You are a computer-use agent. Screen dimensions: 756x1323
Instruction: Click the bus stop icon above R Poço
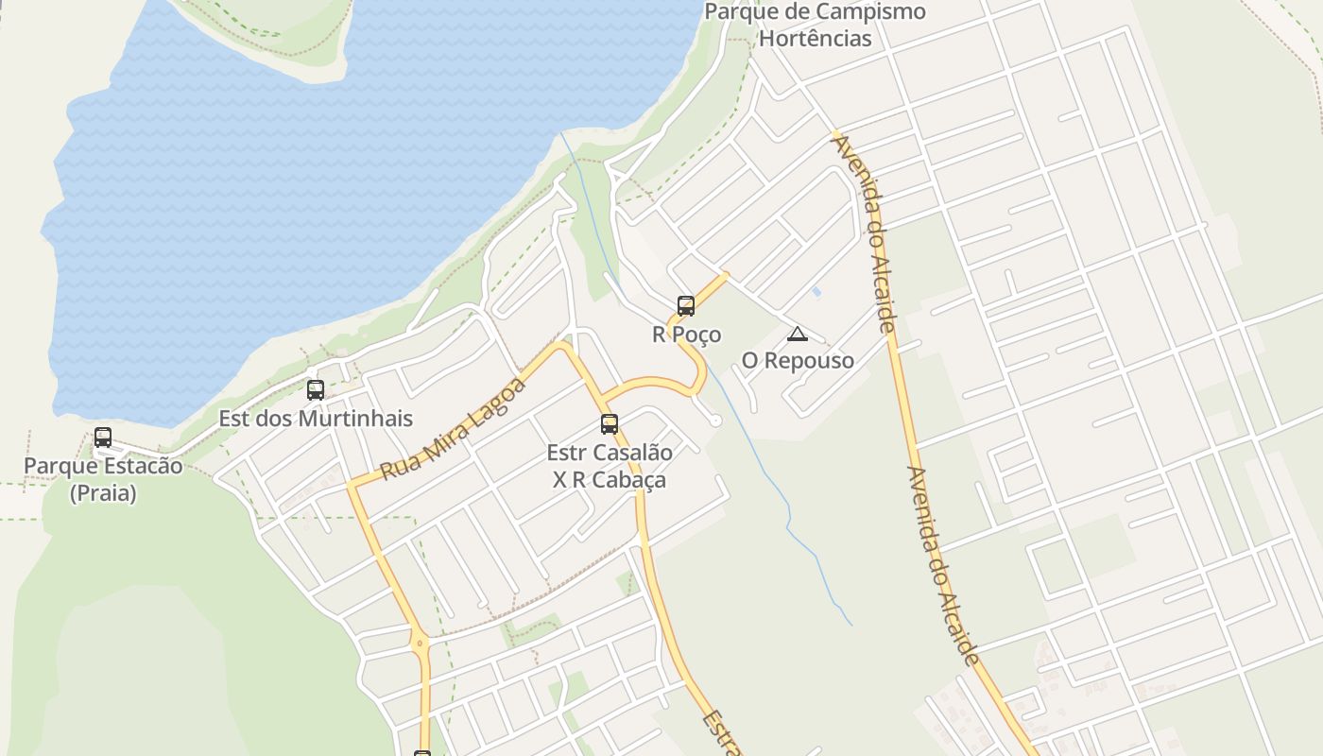click(x=686, y=305)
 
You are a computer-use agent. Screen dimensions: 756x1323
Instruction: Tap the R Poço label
click(x=686, y=335)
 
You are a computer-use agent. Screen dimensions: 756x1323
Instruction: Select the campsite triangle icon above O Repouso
click(x=798, y=334)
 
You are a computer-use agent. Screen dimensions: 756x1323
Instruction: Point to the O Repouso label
click(x=798, y=360)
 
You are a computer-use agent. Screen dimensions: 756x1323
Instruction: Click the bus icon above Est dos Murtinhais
click(x=316, y=389)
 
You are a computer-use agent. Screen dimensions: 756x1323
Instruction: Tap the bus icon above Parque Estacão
click(x=103, y=438)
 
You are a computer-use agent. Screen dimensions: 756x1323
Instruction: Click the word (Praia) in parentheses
click(x=103, y=493)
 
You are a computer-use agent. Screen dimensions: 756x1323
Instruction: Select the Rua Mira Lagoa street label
click(x=453, y=428)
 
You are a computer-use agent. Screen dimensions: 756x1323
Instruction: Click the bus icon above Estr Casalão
click(x=610, y=424)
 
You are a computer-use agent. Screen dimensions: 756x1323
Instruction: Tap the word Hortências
click(x=816, y=39)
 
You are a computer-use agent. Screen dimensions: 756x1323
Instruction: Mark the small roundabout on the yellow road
click(x=420, y=644)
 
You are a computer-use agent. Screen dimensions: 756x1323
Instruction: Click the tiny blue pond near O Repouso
click(x=816, y=292)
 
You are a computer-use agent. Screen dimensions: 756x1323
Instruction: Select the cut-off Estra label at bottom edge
click(x=720, y=733)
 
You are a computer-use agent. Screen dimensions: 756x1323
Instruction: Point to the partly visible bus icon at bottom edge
click(x=422, y=753)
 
